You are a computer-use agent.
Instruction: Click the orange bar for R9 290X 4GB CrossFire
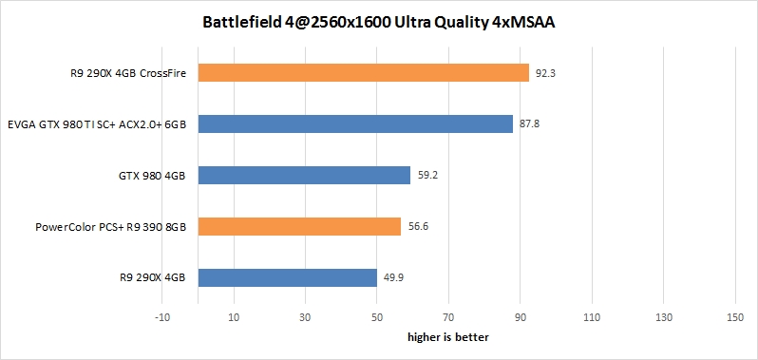[x=363, y=72]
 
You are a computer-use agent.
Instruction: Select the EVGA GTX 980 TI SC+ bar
[x=355, y=123]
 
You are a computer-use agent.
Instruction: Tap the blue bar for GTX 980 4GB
[x=304, y=175]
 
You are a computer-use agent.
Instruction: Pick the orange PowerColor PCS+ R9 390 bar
[x=299, y=226]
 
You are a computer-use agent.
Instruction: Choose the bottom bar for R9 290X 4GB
[x=288, y=277]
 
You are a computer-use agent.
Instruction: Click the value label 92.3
[x=546, y=72]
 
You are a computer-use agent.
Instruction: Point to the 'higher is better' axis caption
[x=447, y=336]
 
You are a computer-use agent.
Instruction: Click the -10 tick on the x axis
[x=163, y=316]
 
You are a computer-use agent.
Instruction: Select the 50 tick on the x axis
[x=377, y=316]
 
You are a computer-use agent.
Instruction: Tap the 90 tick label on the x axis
[x=520, y=316]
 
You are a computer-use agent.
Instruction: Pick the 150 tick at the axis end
[x=733, y=316]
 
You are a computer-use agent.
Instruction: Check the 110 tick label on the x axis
[x=591, y=316]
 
